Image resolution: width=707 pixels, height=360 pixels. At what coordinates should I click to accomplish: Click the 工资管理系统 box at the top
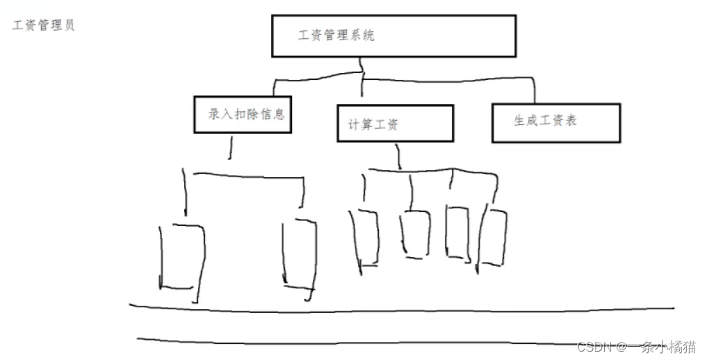coord(393,35)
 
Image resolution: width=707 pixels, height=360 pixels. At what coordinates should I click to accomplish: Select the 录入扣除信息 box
coord(242,115)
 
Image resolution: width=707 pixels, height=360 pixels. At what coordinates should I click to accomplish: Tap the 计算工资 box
coord(395,124)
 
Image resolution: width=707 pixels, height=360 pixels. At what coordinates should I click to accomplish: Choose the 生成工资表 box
coord(555,122)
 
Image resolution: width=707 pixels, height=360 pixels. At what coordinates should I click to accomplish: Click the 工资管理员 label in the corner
coord(43,26)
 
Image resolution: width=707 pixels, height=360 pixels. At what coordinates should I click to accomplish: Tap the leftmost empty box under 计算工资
coord(364,238)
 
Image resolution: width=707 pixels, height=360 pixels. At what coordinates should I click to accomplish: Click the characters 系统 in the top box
coord(361,35)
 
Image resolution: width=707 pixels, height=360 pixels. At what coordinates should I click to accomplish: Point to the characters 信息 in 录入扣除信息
coord(273,114)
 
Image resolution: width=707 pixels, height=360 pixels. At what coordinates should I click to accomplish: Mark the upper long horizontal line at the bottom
coord(403,309)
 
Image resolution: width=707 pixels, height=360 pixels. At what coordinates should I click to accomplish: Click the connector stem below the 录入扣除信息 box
coord(231,146)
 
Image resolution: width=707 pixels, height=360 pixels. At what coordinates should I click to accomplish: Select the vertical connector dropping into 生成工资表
coord(534,91)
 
